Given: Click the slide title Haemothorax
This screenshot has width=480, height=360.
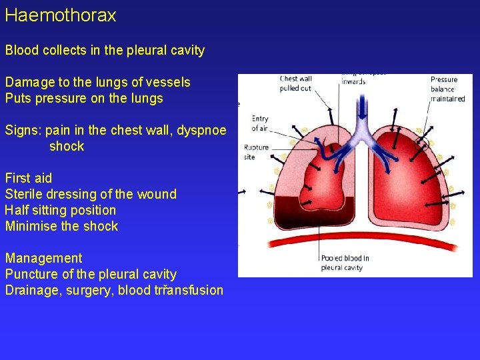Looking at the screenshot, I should point(61,16).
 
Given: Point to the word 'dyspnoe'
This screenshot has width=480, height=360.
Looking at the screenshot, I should point(203,131).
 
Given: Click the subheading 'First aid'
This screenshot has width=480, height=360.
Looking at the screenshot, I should point(29,178).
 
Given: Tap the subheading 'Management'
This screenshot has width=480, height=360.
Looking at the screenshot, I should point(44,258).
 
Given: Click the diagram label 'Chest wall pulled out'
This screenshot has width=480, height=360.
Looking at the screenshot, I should point(295,83).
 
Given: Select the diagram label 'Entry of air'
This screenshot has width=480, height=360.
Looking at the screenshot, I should point(259,124).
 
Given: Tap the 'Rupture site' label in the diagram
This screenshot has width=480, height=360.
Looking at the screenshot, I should point(256,152).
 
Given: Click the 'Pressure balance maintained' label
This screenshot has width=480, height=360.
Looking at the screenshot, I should point(446,89).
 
